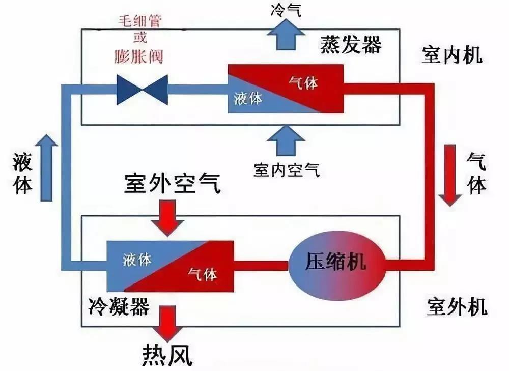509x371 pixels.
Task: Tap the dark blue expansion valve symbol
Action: (142, 90)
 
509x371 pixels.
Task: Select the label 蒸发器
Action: (351, 45)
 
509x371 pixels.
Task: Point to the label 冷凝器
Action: (119, 306)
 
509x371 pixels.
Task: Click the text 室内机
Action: (452, 55)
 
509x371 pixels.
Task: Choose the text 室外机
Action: (457, 306)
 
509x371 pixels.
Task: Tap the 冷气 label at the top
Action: (286, 10)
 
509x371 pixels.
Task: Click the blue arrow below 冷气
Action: (286, 35)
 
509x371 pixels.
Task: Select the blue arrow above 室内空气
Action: (286, 141)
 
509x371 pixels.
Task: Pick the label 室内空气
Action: (287, 170)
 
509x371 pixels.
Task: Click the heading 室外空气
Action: (173, 184)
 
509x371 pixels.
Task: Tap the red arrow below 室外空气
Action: (167, 218)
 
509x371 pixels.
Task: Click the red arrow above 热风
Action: (167, 324)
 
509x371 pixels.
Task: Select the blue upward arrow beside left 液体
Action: (46, 168)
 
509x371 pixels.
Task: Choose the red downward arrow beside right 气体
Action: (450, 175)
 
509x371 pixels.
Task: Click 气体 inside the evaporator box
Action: (303, 83)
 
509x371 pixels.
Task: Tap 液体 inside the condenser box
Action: (137, 260)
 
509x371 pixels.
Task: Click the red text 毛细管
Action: (140, 21)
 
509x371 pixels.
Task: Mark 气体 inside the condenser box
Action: (203, 274)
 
